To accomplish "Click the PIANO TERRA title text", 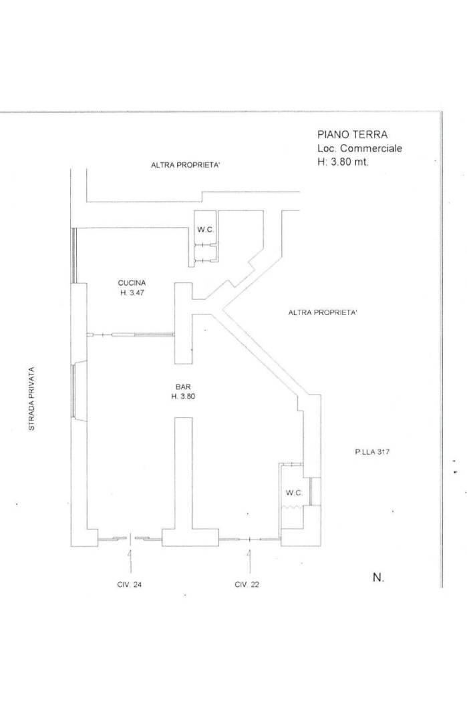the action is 353,134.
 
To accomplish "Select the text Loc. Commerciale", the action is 359,148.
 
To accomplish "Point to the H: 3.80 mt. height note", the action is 343,162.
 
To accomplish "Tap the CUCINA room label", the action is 132,283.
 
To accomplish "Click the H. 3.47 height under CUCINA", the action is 132,293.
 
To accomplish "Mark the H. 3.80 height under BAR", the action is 184,397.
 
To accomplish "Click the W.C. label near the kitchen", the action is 206,230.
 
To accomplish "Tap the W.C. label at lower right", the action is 295,493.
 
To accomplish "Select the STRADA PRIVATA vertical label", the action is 31,399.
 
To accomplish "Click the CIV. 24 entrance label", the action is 129,584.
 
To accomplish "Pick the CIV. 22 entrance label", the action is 247,584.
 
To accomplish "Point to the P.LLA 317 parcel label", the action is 372,452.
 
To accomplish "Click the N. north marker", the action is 378,577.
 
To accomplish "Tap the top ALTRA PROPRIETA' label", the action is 185,165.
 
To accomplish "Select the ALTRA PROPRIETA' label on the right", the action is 323,312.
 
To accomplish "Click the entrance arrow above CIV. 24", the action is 130,561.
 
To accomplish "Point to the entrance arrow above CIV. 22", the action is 249,561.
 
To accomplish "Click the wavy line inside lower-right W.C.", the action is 293,507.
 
